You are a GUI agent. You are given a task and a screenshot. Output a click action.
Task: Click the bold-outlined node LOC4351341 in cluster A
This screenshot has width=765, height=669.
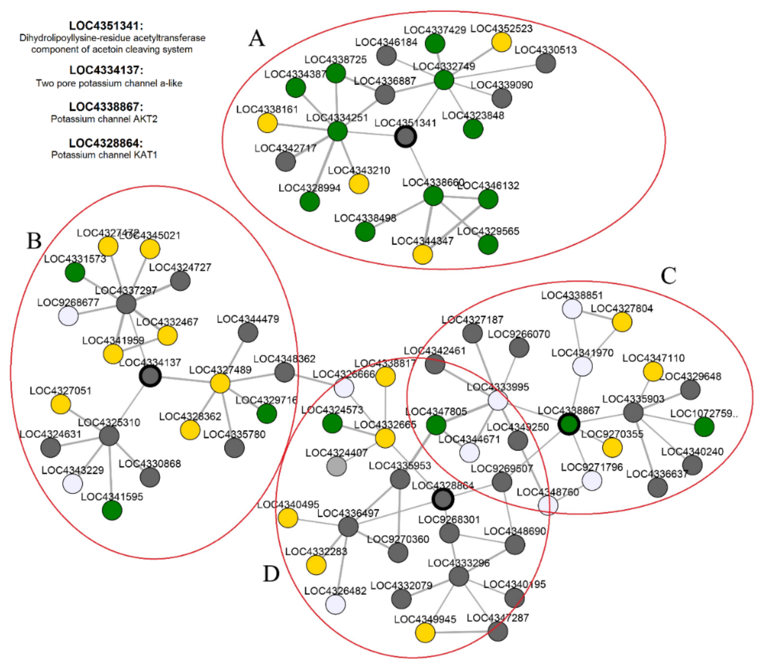point(405,137)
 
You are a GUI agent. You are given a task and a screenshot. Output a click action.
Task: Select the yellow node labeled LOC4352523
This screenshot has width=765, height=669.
point(501,42)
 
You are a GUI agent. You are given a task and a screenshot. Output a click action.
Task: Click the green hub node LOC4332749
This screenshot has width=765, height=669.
point(444,80)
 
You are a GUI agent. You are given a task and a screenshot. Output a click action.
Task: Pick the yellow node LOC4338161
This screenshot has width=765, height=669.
point(268,123)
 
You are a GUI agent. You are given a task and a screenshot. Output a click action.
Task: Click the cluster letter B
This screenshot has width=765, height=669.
point(34,241)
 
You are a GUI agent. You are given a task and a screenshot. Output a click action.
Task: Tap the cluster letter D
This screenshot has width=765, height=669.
point(271,574)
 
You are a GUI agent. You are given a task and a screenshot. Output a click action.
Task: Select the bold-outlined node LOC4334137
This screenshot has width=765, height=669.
point(150,376)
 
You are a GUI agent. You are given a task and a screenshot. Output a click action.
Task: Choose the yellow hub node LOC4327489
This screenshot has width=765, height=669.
point(220,383)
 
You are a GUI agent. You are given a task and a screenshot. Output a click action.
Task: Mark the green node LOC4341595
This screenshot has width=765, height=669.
point(112,510)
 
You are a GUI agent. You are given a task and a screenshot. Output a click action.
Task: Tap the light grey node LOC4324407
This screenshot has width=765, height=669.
point(337,466)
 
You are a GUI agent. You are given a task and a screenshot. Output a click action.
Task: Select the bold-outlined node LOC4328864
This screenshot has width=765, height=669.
point(443,499)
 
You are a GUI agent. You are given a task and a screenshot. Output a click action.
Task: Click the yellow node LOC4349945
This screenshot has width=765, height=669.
point(425,633)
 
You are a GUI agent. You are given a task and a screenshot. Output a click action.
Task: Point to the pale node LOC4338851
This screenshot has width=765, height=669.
point(572,309)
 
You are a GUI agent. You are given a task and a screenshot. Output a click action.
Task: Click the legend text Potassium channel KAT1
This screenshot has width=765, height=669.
point(104,155)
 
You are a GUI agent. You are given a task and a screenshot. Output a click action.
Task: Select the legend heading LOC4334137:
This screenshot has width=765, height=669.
point(106,70)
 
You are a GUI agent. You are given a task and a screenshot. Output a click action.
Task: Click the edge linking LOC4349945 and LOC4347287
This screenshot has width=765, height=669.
point(462,632)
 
